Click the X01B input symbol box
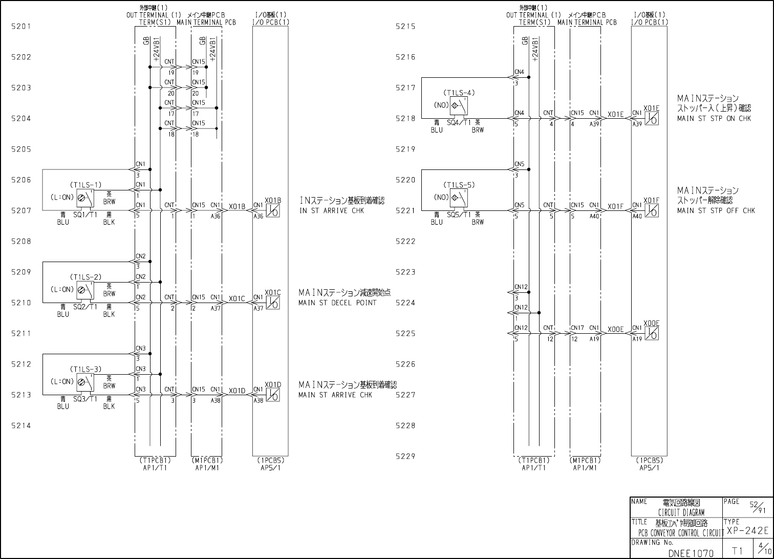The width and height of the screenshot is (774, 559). [x=273, y=210]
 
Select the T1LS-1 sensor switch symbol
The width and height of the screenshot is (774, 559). [x=85, y=197]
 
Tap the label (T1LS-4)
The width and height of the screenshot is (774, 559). [x=459, y=93]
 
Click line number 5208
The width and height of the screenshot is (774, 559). [x=21, y=241]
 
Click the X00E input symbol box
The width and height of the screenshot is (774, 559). [x=652, y=333]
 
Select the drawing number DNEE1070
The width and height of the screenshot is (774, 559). [x=691, y=553]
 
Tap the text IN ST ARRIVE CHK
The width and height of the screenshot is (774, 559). [x=332, y=210]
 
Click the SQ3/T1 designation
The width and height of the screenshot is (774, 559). [x=85, y=399]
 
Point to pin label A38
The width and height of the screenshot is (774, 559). [x=216, y=401]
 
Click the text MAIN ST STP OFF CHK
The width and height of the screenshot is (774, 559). [x=716, y=210]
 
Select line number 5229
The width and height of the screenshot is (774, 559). [x=405, y=456]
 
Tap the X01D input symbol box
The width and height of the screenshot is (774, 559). [x=273, y=395]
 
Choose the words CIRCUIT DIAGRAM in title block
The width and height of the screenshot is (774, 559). [x=681, y=512]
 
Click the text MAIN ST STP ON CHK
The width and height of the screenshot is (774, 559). [x=714, y=118]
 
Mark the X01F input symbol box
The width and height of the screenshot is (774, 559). [x=652, y=210]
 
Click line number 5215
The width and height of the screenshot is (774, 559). [x=405, y=26]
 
